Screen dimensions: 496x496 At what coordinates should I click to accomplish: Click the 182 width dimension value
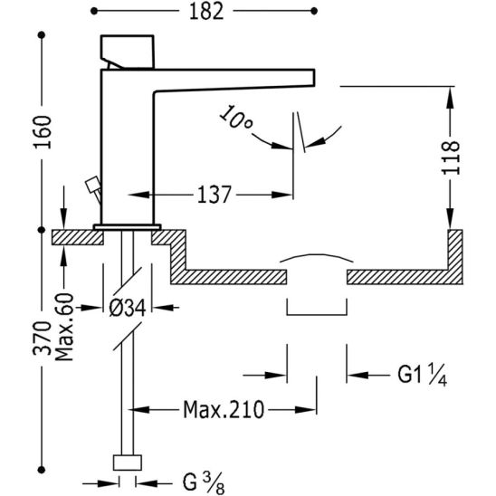pyautogui.click(x=206, y=12)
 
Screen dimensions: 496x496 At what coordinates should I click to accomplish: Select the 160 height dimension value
pyautogui.click(x=42, y=132)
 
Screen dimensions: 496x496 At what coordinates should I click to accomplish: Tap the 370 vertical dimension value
pyautogui.click(x=42, y=338)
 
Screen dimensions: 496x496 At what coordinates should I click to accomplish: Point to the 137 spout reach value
pyautogui.click(x=215, y=195)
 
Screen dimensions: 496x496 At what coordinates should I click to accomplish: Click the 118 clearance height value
pyautogui.click(x=450, y=157)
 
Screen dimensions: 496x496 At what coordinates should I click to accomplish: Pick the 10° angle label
pyautogui.click(x=235, y=118)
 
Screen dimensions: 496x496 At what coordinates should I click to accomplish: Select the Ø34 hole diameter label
pyautogui.click(x=127, y=308)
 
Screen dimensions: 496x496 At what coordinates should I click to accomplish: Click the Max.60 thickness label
pyautogui.click(x=64, y=328)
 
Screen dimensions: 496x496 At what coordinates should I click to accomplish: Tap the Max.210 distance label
pyautogui.click(x=224, y=410)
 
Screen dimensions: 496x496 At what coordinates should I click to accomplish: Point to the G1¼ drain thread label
pyautogui.click(x=422, y=375)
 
